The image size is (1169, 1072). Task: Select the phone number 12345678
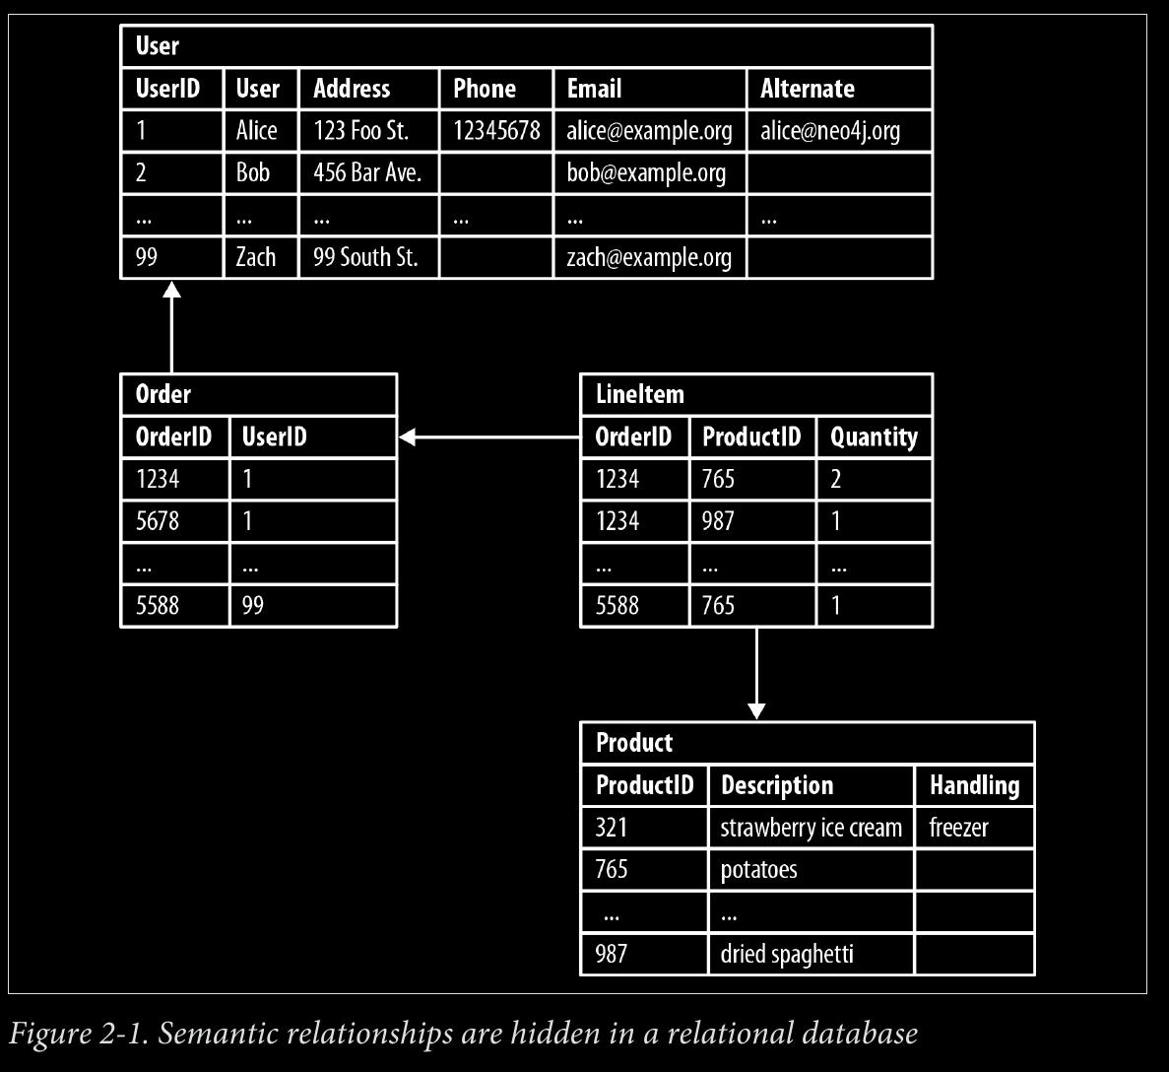click(496, 130)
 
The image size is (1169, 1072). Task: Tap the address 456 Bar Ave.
click(366, 173)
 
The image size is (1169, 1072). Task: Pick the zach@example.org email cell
click(649, 257)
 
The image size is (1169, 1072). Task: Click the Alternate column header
click(808, 89)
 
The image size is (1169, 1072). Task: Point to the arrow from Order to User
click(172, 327)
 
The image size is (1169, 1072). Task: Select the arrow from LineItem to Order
click(489, 437)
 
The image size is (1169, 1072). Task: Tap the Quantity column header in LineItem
click(874, 437)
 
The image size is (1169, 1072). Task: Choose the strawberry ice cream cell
click(811, 828)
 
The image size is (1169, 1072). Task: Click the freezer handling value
click(958, 828)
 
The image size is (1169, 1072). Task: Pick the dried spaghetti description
click(787, 954)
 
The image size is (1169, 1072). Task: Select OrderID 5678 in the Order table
click(158, 520)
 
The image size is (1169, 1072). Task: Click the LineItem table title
click(640, 394)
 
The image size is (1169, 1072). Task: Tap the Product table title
click(633, 742)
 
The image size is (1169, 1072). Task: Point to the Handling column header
click(974, 785)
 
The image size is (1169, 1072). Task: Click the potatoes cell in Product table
click(758, 870)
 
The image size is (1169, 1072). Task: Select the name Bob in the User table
click(253, 173)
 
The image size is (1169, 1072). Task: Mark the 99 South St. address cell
click(365, 257)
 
